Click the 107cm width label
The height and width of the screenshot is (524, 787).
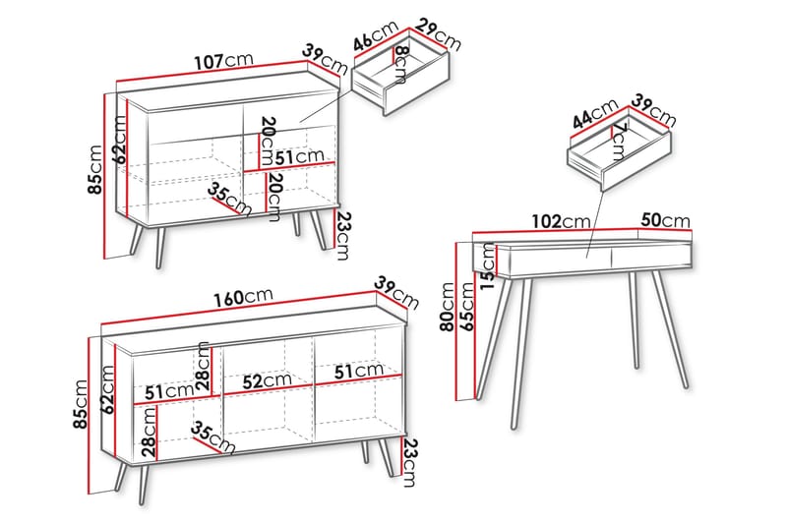[x=223, y=61]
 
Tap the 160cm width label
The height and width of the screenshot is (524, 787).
[x=243, y=297]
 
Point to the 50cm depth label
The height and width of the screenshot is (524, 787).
[x=666, y=220]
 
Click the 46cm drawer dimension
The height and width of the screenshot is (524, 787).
[x=377, y=35]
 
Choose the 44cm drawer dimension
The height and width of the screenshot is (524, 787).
[x=595, y=114]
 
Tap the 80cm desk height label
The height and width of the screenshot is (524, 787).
[x=447, y=307]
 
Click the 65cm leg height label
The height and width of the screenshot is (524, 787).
[x=466, y=307]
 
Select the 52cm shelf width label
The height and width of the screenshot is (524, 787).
[x=267, y=381]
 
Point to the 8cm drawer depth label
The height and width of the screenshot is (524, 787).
[x=400, y=64]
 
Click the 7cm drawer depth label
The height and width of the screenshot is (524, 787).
[x=619, y=142]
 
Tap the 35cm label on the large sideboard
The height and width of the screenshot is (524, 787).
[x=212, y=437]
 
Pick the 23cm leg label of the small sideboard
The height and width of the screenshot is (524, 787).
[x=342, y=236]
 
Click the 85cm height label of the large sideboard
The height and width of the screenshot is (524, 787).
[x=81, y=404]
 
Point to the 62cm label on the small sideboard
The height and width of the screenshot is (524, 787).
[x=119, y=140]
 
